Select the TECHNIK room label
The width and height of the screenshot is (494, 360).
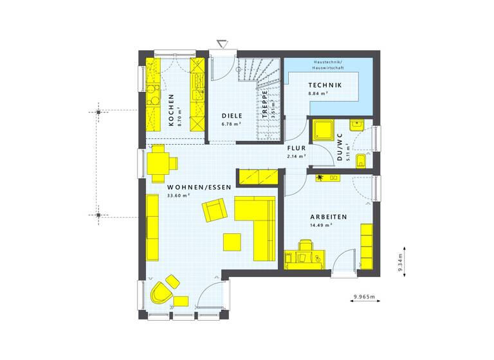(x=324, y=85)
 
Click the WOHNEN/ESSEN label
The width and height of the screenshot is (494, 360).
(x=190, y=186)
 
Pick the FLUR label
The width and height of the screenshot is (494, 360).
(x=297, y=147)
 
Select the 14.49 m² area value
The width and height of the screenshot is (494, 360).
(x=319, y=226)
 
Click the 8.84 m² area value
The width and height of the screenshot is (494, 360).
(x=318, y=93)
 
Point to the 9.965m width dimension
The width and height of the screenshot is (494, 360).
(x=364, y=297)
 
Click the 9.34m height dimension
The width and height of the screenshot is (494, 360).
(x=399, y=260)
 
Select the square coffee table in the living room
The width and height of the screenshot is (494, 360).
(x=233, y=241)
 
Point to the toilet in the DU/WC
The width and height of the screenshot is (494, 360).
(x=361, y=160)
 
